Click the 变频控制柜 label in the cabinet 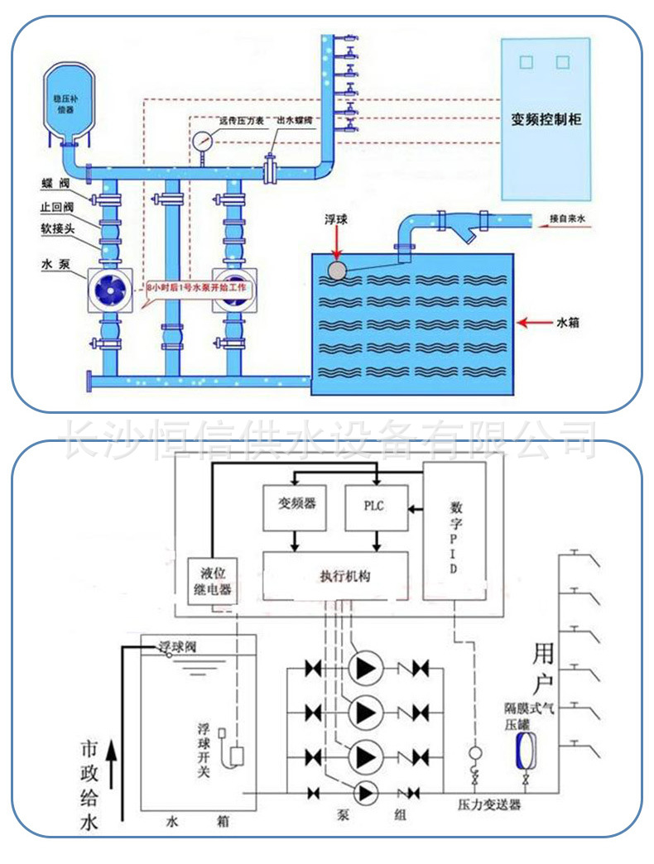click(546, 119)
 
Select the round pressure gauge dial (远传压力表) click(201, 140)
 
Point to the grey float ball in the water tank click(336, 269)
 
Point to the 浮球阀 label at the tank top click(179, 646)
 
